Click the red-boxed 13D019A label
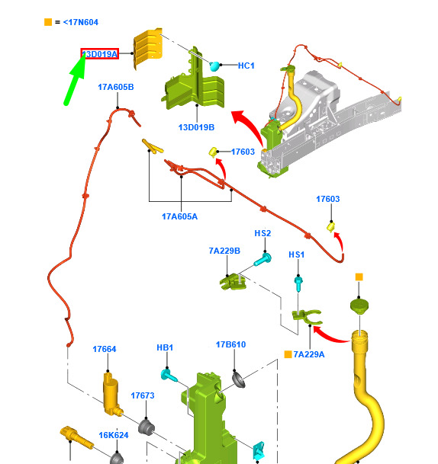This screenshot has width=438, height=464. click(x=99, y=54)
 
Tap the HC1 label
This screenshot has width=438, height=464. click(x=246, y=66)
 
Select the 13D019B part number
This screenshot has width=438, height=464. click(x=196, y=127)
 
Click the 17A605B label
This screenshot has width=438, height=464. click(x=116, y=87)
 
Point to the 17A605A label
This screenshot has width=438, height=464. click(x=179, y=216)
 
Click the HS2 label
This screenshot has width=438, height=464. click(x=262, y=233)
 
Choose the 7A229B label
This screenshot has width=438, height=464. click(x=224, y=251)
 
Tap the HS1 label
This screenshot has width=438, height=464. click(x=297, y=254)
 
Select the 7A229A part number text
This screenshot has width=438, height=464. click(x=309, y=354)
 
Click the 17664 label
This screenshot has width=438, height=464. click(x=105, y=349)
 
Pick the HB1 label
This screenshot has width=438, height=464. click(x=165, y=347)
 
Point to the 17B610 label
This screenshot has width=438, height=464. click(x=231, y=344)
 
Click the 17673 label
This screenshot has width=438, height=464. click(x=143, y=395)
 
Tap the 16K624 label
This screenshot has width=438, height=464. click(x=114, y=435)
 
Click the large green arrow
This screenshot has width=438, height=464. click(x=75, y=79)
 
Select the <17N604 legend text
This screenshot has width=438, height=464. click(x=81, y=22)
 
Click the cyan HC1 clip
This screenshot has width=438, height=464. click(x=214, y=66)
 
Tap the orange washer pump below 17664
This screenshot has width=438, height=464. click(x=112, y=394)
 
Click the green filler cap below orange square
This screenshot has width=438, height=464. click(x=359, y=306)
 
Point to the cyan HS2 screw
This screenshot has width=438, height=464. click(x=262, y=260)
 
